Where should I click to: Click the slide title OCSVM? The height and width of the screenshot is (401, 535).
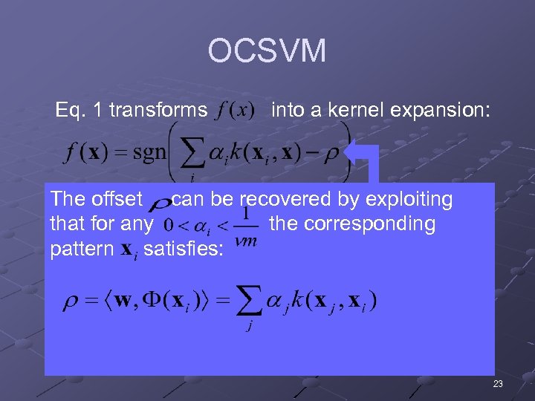pyautogui.click(x=267, y=51)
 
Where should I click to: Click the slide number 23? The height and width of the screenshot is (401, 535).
pyautogui.click(x=497, y=384)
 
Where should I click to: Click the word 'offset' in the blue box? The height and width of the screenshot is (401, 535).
pyautogui.click(x=116, y=199)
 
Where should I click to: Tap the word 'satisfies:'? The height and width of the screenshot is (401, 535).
pyautogui.click(x=183, y=248)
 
